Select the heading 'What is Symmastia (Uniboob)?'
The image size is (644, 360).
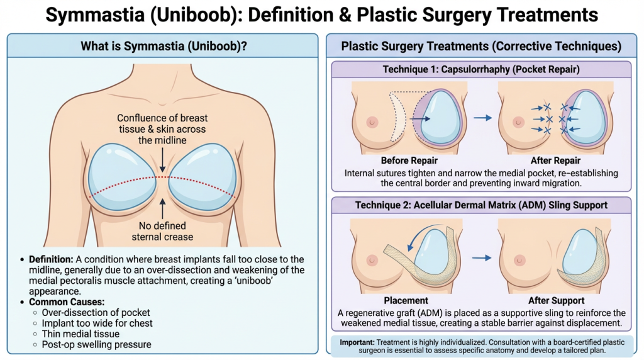(x=162, y=46)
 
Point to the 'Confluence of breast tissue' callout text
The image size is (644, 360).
(x=162, y=129)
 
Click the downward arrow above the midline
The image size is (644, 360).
(x=162, y=162)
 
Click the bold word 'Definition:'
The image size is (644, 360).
(x=49, y=259)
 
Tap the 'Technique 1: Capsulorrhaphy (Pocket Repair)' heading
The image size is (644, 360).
(x=481, y=69)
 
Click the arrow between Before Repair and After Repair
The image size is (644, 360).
(x=482, y=117)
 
